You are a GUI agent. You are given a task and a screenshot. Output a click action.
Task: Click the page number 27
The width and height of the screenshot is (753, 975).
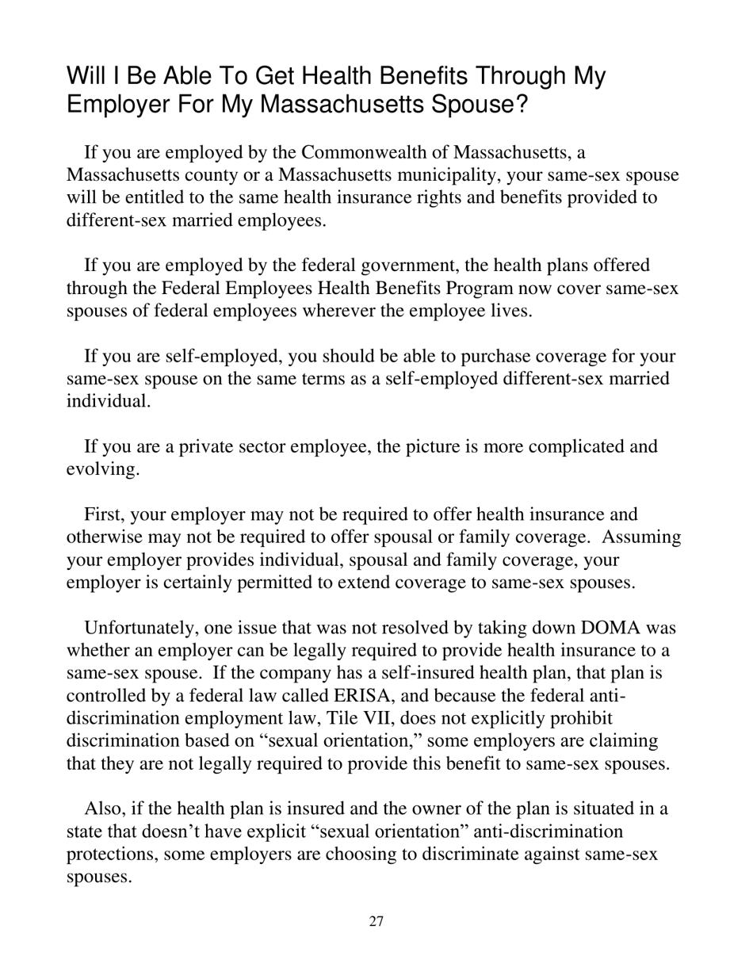[x=376, y=921]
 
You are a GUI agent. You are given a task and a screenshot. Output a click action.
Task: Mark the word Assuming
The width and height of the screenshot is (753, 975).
[x=641, y=537]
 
